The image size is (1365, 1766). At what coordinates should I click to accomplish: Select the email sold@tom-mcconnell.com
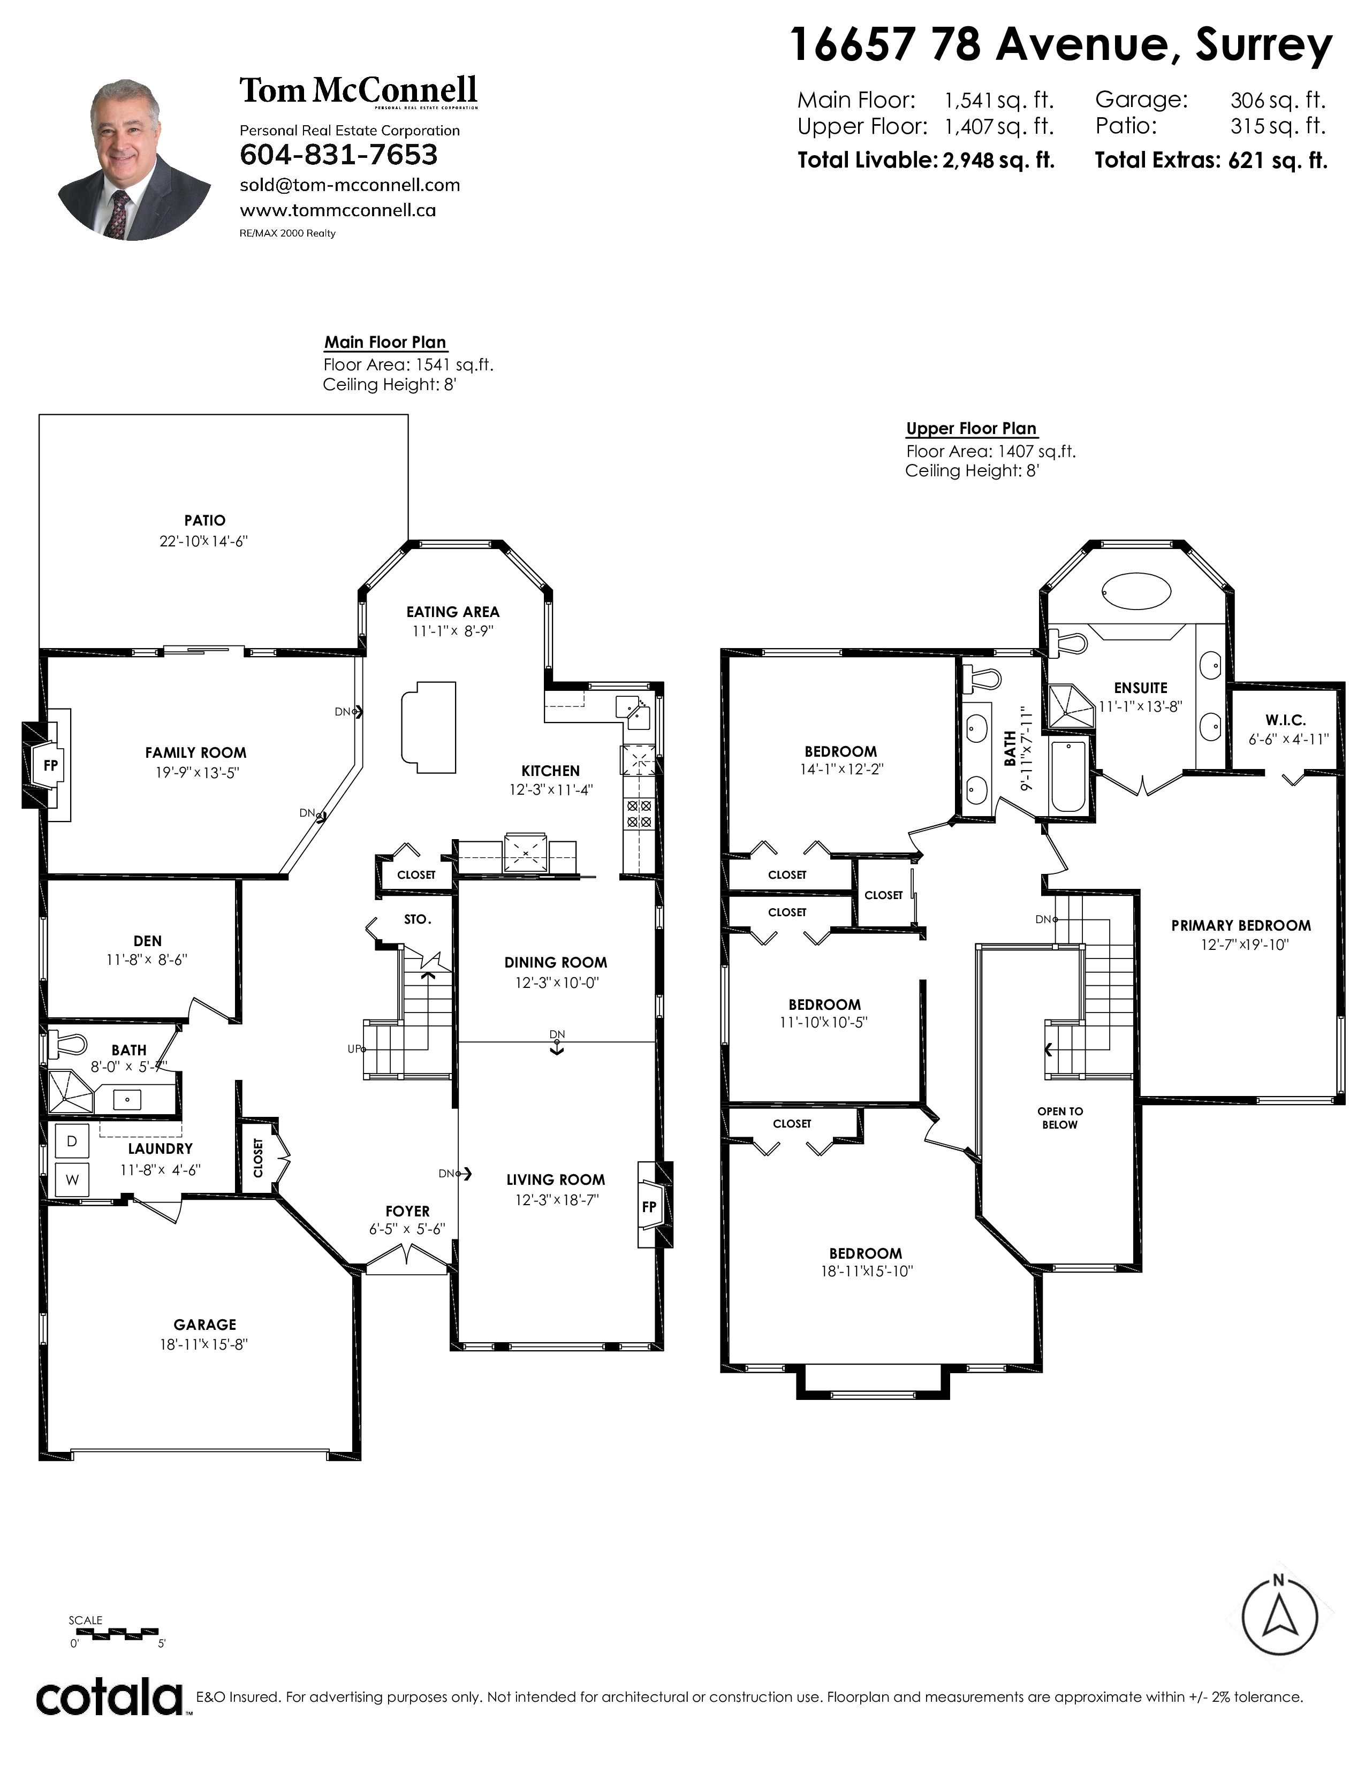point(350,185)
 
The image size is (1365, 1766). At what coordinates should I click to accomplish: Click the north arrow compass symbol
point(1278,1614)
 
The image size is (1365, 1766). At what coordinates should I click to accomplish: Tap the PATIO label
point(204,521)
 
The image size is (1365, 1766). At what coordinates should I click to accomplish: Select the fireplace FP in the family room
point(50,765)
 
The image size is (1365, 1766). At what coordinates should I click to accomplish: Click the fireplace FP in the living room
point(649,1206)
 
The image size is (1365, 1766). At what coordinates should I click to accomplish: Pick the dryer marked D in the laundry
point(72,1141)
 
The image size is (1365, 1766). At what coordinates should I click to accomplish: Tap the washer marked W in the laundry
point(72,1180)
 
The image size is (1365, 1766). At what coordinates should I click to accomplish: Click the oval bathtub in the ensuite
point(1136,593)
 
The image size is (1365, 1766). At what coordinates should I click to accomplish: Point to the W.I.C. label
point(1286,720)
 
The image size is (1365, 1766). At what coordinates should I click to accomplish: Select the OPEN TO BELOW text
point(1060,1117)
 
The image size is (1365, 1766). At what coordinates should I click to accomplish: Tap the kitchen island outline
point(429,727)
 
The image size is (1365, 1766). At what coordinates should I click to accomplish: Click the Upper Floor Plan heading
point(971,429)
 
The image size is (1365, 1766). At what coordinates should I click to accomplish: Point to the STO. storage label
point(418,919)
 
